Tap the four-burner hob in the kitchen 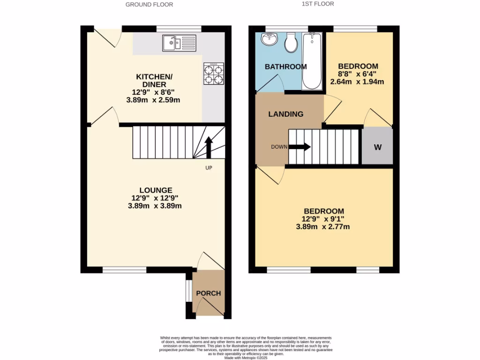213,74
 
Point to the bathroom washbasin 270,40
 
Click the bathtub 312,60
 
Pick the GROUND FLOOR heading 149,5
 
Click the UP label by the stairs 209,167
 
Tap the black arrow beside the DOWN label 300,147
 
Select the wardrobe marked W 377,147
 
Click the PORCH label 209,293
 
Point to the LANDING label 286,114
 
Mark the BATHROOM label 286,67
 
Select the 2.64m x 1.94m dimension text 358,82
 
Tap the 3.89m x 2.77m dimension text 323,227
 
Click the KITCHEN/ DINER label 151,81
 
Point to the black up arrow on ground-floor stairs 209,148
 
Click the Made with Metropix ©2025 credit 246,358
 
